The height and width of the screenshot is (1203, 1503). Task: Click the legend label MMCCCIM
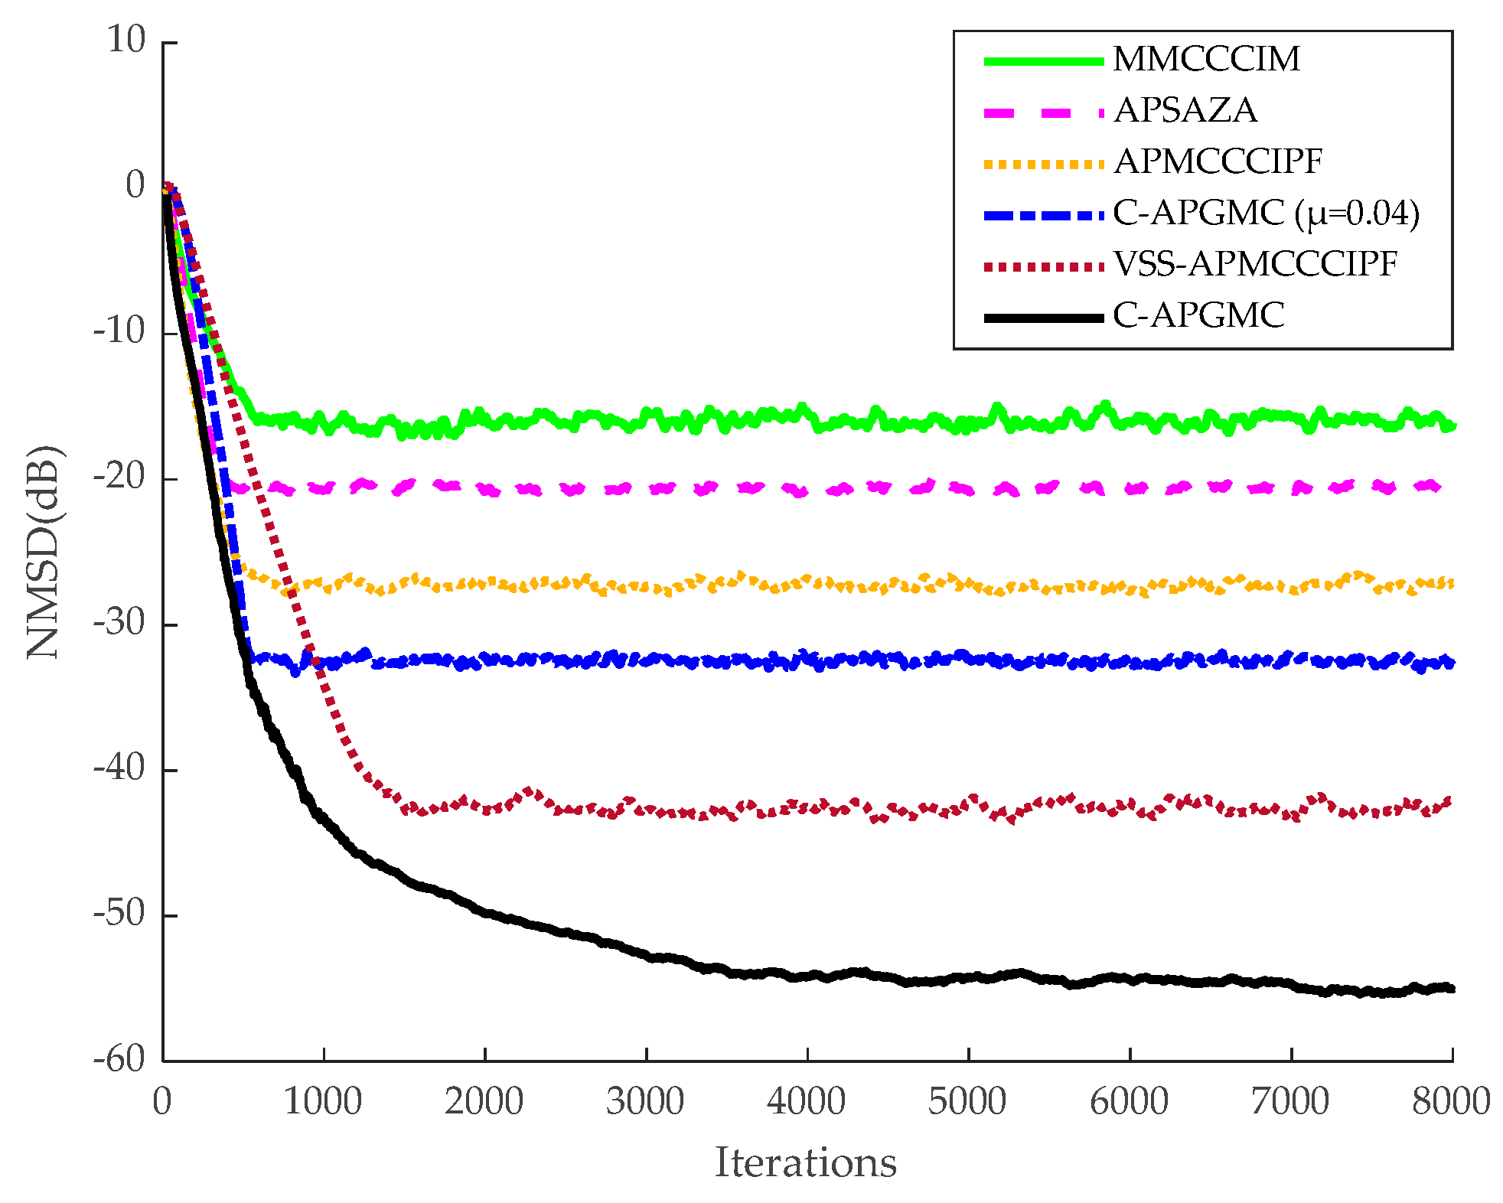coord(1206,60)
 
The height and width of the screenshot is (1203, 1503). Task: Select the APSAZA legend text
coord(1185,111)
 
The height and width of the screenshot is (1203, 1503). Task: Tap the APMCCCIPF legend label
coord(1218,162)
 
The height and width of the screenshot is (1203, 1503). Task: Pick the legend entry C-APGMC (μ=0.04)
coord(1266,214)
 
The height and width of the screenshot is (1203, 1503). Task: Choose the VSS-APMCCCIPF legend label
coord(1255,265)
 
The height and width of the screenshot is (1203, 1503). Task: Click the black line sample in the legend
coord(1043,317)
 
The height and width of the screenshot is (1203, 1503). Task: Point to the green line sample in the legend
coord(1043,60)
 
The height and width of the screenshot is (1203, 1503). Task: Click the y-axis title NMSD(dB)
coord(43,551)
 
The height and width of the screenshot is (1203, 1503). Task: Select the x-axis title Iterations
coord(805,1162)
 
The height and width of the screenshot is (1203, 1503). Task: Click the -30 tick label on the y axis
coord(119,623)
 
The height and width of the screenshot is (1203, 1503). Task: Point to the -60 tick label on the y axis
coord(119,1060)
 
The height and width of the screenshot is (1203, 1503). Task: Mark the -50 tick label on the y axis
coord(119,914)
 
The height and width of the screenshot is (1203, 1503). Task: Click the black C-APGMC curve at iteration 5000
coord(969,977)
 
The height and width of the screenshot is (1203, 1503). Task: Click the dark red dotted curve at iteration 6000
coord(1130,805)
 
